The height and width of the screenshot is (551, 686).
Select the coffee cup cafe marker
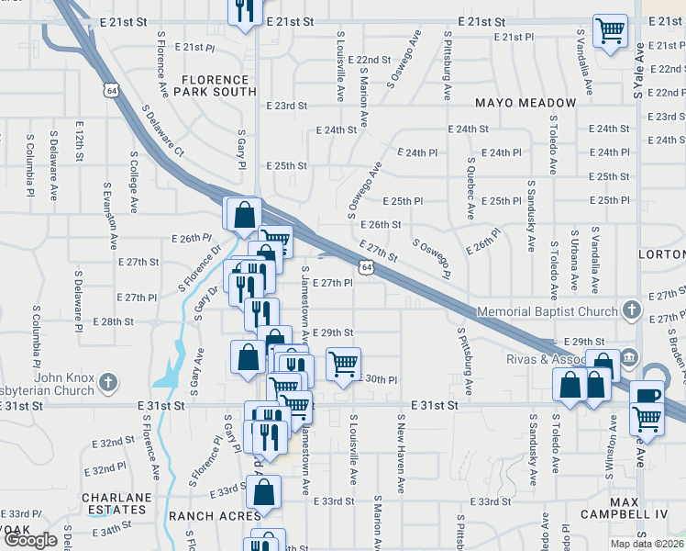click(648, 395)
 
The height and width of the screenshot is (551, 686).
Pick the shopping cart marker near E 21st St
click(610, 31)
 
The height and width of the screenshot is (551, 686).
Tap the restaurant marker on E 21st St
click(243, 11)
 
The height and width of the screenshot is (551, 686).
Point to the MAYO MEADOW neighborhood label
click(526, 103)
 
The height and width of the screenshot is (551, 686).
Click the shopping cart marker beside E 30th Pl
click(343, 364)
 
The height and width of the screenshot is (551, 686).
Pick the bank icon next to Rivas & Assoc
click(630, 357)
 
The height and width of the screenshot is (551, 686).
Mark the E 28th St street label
click(114, 321)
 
